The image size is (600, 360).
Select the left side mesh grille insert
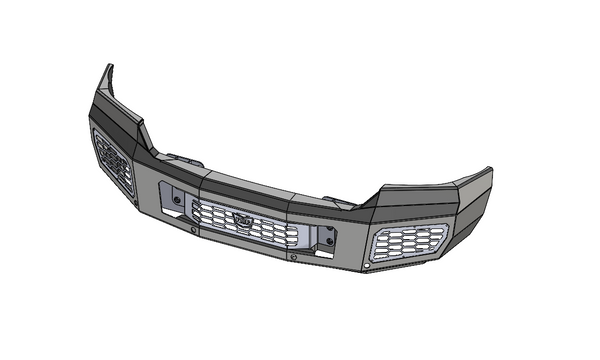click(x=112, y=160)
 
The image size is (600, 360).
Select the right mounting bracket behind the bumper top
click(x=341, y=204)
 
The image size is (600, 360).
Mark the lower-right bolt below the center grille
click(x=294, y=256)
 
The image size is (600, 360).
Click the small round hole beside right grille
click(x=368, y=267)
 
